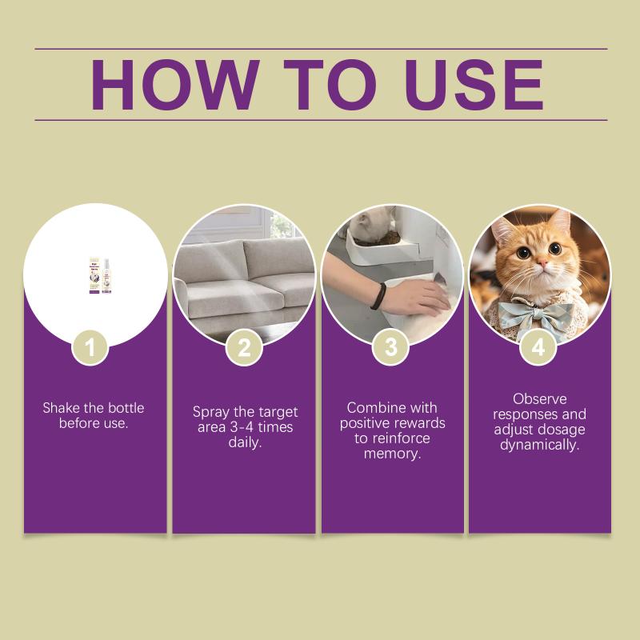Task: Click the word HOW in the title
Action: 175,85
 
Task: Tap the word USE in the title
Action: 474,85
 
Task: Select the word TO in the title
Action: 330,85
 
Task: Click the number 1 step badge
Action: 90,348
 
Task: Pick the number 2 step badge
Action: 244,348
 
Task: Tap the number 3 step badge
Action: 391,348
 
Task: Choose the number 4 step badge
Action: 538,348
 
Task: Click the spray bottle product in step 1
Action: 100,274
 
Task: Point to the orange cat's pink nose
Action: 542,262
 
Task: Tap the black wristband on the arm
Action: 378,296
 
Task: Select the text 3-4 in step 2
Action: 242,427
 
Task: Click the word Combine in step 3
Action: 371,408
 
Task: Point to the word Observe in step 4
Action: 539,398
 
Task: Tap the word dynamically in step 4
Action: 539,446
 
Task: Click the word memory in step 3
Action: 392,454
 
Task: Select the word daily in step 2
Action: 245,442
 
